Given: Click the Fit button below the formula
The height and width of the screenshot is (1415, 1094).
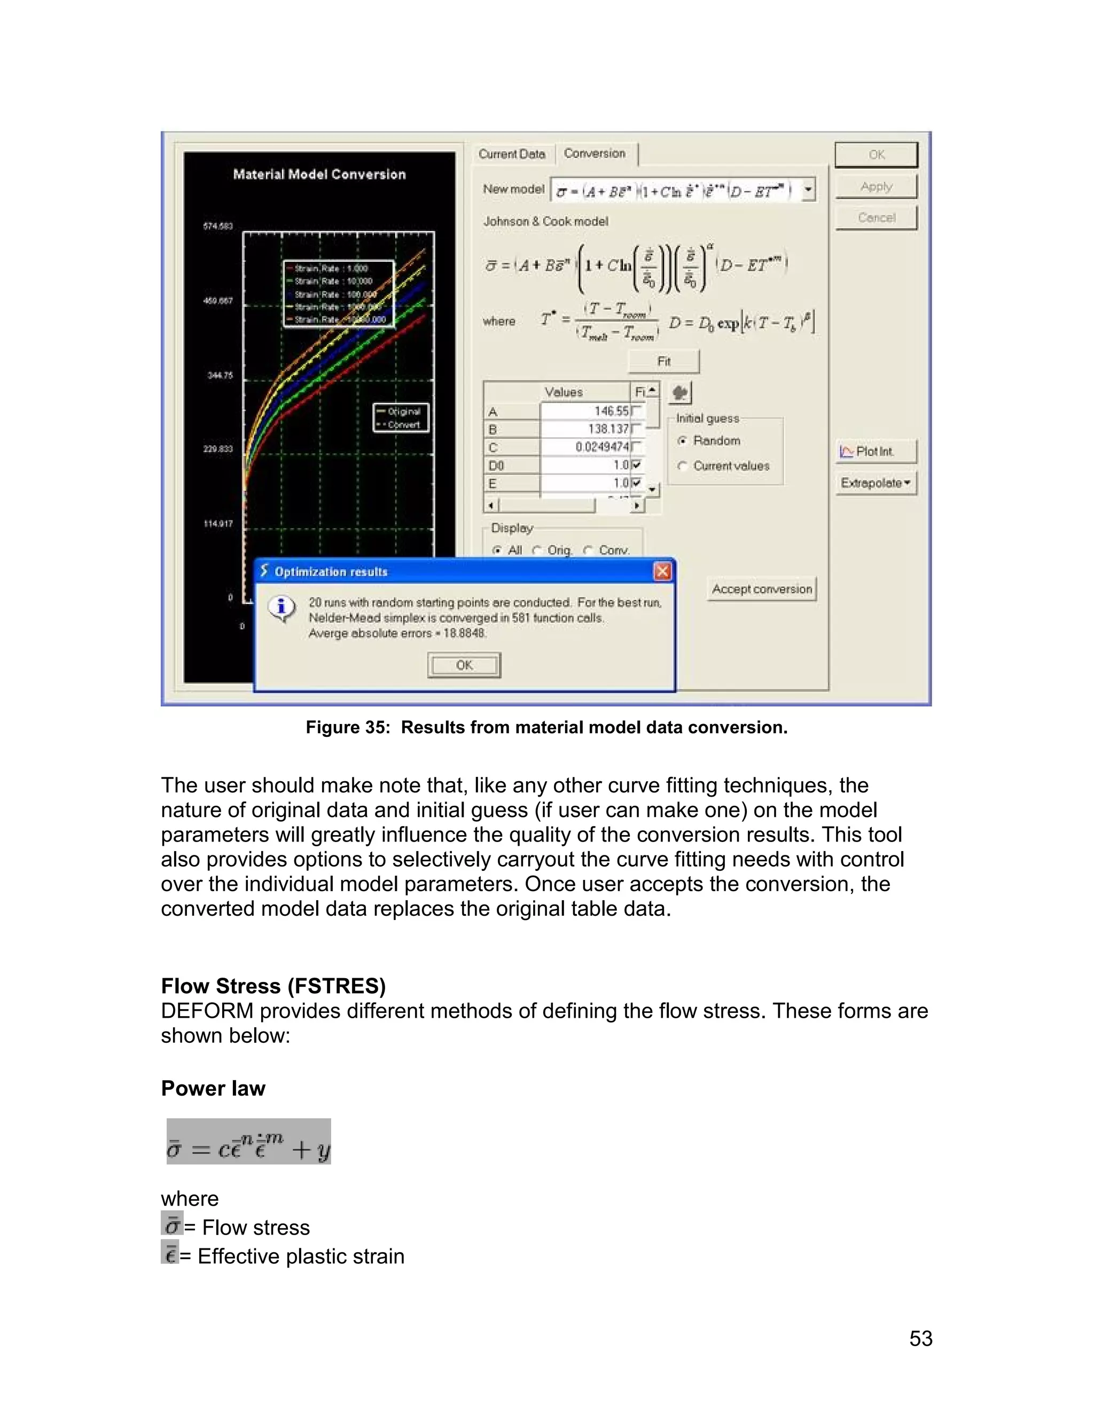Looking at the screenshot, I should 663,361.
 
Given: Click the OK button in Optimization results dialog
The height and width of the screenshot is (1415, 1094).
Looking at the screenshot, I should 464,665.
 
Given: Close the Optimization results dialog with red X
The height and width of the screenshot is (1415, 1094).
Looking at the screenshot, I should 662,571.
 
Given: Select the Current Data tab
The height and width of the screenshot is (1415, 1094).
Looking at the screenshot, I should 512,154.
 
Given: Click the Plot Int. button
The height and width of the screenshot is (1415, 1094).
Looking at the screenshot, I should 876,452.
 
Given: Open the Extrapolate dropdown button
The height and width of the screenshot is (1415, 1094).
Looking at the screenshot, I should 876,483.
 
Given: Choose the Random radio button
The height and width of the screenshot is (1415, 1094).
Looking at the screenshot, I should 683,441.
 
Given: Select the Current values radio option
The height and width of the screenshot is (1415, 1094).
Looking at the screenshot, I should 683,466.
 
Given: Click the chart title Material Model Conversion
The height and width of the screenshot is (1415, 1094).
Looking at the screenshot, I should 319,174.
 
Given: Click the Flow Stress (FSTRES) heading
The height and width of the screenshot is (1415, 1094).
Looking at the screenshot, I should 273,986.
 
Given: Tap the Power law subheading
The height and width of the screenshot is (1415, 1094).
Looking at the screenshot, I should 213,1088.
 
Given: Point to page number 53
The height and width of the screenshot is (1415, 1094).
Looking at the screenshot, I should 920,1339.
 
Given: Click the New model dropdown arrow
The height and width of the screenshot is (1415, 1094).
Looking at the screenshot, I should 808,191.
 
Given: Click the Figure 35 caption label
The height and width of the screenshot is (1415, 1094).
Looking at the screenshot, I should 546,728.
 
